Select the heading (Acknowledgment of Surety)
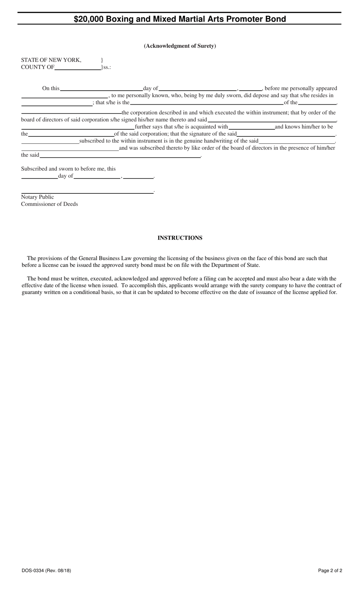coord(180,46)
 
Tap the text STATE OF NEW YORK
coord(51,60)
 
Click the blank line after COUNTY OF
coord(78,68)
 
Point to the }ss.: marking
coord(106,67)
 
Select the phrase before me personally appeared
coord(301,88)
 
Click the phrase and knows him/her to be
coord(304,127)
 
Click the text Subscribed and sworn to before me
coord(68,169)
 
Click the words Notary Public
coord(38,197)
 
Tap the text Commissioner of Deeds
coord(49,204)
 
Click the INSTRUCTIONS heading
coord(180,238)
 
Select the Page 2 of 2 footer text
coord(330,570)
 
